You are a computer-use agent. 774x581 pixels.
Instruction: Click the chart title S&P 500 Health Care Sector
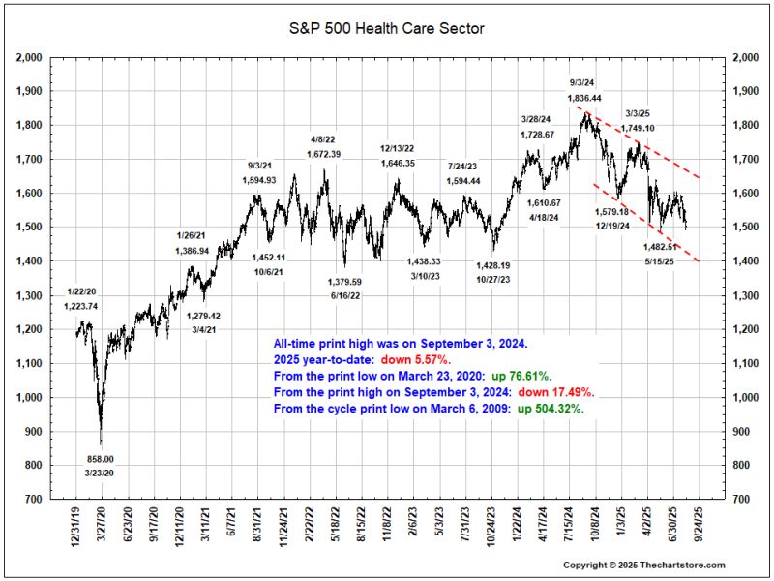point(387,28)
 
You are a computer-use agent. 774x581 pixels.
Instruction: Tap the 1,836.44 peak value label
point(584,98)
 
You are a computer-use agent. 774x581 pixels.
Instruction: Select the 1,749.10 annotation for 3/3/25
point(640,128)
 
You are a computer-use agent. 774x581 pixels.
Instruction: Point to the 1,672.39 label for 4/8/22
point(324,154)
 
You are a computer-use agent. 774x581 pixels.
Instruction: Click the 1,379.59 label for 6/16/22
point(345,282)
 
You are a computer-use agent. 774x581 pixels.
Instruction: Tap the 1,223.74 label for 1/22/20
point(81,306)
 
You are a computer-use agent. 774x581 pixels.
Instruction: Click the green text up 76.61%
point(523,375)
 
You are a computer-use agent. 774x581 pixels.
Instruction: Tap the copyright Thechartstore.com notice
point(643,565)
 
